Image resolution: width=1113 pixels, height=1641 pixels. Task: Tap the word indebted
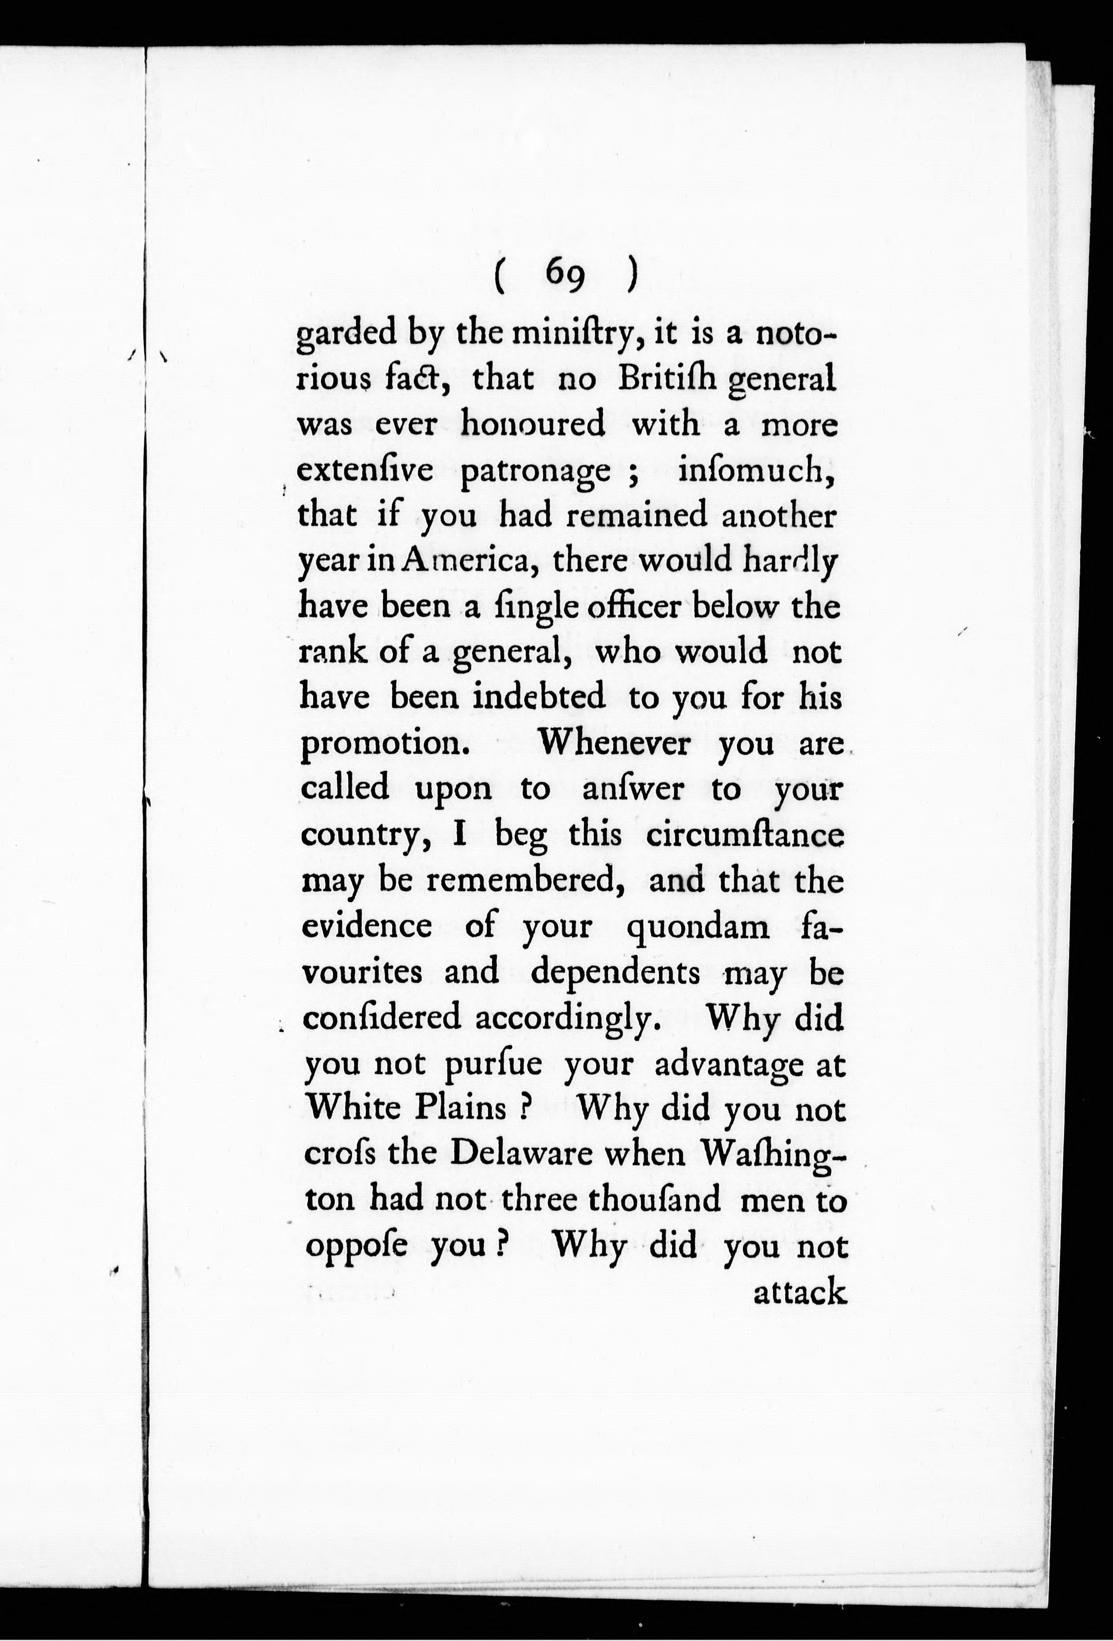pyautogui.click(x=539, y=698)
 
